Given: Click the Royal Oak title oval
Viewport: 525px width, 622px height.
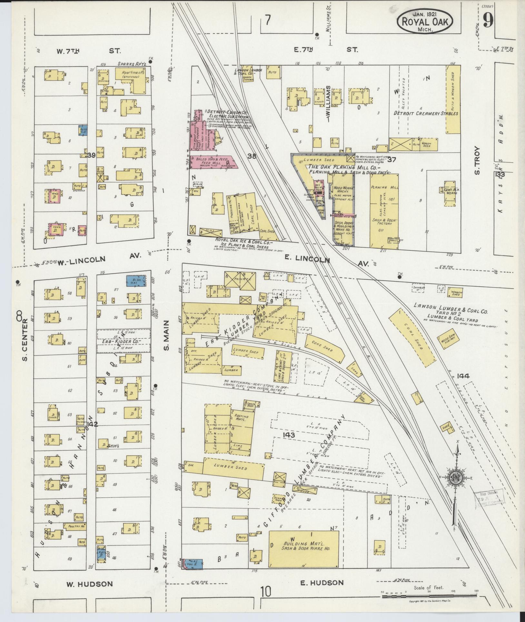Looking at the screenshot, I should click(425, 21).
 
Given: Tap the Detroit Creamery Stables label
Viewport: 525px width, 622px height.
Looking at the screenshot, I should click(426, 114).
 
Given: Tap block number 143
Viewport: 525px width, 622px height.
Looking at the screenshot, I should click(289, 435).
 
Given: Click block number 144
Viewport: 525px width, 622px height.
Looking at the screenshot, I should click(463, 376).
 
